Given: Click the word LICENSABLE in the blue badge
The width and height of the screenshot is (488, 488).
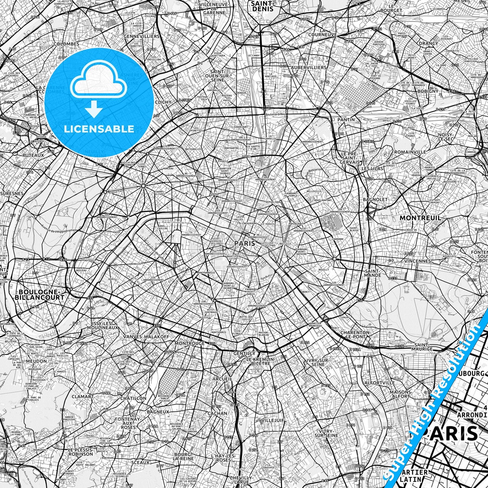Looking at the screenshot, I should coord(99,129).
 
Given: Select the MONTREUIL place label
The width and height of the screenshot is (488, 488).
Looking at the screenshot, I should coord(420,218).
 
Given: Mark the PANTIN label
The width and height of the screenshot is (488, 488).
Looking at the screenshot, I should coord(346,120).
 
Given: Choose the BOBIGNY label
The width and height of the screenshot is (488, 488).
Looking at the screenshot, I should coord(428,91).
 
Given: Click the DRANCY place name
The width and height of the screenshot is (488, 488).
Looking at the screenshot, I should coord(428,43).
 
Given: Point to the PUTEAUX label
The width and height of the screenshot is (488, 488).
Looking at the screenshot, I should coord(33,155).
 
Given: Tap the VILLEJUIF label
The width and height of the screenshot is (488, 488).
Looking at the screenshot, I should coord(273,420).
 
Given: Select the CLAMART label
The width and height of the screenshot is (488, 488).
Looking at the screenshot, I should coord(82,396).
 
